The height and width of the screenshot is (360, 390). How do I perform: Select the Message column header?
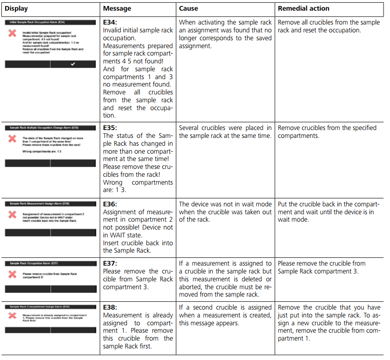[117, 8]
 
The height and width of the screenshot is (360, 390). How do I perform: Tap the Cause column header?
[189, 8]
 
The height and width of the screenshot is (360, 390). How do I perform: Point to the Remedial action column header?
[304, 8]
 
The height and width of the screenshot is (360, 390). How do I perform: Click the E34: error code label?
[110, 22]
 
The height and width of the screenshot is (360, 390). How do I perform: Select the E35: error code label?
[110, 128]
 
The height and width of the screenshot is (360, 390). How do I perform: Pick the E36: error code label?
[110, 204]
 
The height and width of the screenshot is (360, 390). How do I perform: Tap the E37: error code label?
[110, 263]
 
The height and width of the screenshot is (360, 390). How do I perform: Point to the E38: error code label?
[110, 307]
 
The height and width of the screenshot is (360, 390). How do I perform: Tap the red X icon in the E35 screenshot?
[12, 139]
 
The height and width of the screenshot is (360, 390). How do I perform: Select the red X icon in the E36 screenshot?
[12, 215]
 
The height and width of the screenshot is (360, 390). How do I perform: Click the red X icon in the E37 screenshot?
[12, 274]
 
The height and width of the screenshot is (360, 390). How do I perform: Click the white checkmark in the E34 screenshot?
[73, 64]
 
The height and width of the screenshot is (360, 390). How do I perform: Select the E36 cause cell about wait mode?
[225, 211]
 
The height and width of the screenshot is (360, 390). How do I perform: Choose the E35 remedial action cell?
[327, 131]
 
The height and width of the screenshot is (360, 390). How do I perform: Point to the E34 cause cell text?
[225, 34]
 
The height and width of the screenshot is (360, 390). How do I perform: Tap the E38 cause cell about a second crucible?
[225, 315]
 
